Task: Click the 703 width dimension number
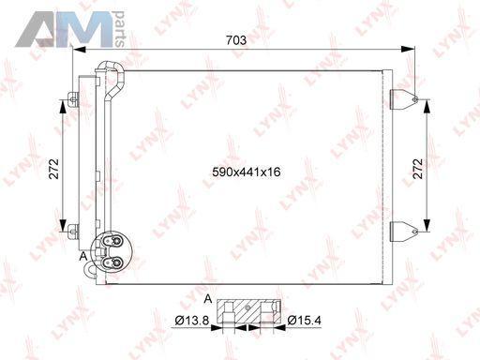tap(236, 40)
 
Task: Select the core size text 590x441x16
tap(247, 172)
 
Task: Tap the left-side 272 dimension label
tap(53, 169)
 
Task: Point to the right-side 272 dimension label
tap(418, 169)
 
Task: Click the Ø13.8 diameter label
tap(191, 321)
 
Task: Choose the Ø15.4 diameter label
tap(304, 321)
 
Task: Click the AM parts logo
tap(70, 29)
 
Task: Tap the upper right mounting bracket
tap(404, 99)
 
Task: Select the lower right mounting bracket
tap(404, 232)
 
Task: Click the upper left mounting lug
tap(73, 99)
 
